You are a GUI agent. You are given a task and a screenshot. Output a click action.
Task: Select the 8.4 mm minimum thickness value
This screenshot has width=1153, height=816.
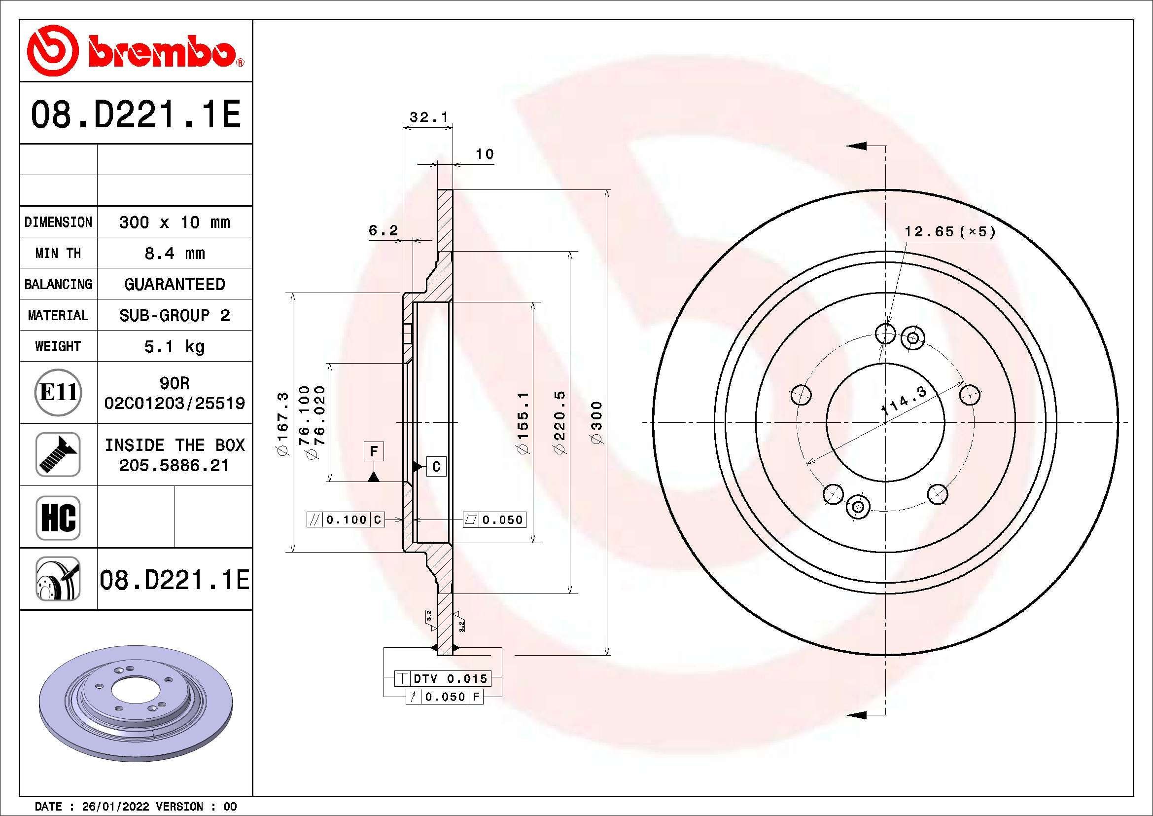174,253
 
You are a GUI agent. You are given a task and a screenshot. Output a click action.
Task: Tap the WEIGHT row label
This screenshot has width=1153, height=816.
58,346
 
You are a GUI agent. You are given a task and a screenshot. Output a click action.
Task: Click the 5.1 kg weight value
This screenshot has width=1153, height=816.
174,347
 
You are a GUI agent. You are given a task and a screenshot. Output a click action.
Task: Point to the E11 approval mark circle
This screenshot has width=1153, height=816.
58,392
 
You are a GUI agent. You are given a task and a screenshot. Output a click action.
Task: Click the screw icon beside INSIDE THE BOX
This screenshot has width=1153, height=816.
58,454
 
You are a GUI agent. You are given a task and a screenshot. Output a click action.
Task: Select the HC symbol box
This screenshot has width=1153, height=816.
58,517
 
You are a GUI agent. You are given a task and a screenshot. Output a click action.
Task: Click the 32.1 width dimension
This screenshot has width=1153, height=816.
428,117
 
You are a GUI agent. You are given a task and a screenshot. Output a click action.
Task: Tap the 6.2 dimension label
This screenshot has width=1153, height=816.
383,230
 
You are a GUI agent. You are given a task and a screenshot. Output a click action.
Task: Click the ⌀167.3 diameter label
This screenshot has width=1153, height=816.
283,424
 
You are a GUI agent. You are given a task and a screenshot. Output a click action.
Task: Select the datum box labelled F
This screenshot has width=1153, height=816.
374,452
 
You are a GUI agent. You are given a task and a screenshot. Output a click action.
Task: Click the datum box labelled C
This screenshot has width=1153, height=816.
436,467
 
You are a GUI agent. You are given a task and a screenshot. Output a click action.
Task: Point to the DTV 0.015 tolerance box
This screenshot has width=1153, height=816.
442,679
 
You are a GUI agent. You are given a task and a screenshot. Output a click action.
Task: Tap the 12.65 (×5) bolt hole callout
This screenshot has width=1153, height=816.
949,232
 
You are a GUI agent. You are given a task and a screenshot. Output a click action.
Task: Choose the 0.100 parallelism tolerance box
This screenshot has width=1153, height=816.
346,520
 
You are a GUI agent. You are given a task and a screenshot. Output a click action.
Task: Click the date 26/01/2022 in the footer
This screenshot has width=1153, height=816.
115,807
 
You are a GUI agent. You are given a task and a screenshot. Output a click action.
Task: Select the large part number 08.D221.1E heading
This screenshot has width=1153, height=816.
136,114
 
